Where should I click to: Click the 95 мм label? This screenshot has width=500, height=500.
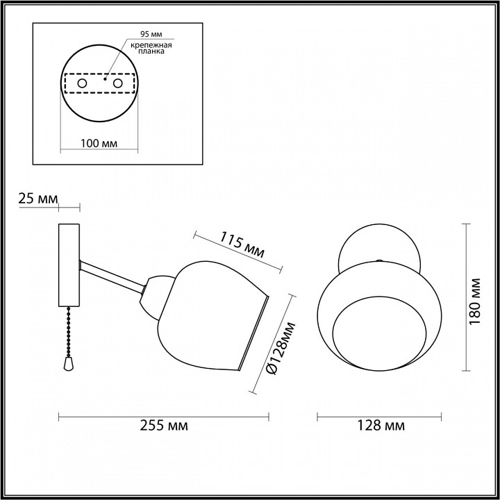pyautogui.click(x=151, y=34)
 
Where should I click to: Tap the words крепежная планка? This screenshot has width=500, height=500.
pyautogui.click(x=151, y=48)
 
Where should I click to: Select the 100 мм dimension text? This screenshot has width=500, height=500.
pyautogui.click(x=99, y=143)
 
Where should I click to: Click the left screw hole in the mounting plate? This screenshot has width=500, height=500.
pyautogui.click(x=82, y=83)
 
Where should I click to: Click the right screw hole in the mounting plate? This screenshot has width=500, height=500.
pyautogui.click(x=117, y=83)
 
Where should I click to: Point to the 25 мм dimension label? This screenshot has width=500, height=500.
pyautogui.click(x=38, y=199)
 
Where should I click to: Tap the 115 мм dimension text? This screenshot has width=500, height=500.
pyautogui.click(x=242, y=244)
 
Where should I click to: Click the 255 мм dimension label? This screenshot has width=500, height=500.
pyautogui.click(x=164, y=426)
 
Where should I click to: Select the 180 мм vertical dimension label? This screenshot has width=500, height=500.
pyautogui.click(x=475, y=301)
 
